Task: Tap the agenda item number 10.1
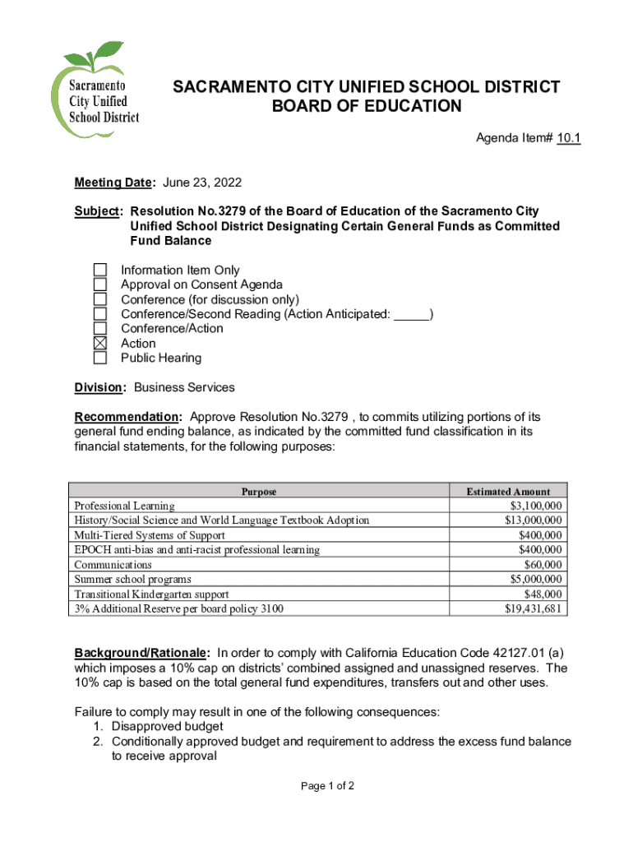pyautogui.click(x=568, y=139)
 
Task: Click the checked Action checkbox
pyautogui.click(x=99, y=344)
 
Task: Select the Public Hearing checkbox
pyautogui.click(x=99, y=359)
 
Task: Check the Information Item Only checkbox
pyautogui.click(x=99, y=270)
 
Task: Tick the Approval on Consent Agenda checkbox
pyautogui.click(x=99, y=285)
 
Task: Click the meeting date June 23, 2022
pyautogui.click(x=202, y=182)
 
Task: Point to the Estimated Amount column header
pyautogui.click(x=508, y=492)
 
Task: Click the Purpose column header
pyautogui.click(x=259, y=492)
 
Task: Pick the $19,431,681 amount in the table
pyautogui.click(x=534, y=609)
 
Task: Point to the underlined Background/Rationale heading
pyautogui.click(x=142, y=653)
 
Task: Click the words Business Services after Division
pyautogui.click(x=184, y=387)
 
